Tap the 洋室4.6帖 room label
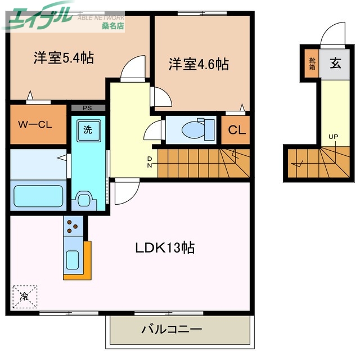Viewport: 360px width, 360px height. point(199,64)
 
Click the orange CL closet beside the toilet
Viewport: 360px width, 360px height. point(236,130)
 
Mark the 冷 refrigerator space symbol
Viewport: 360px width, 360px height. point(25,295)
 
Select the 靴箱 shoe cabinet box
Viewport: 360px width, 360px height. point(312,64)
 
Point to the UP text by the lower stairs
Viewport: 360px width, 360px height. point(334,137)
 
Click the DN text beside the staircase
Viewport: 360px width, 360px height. point(150,162)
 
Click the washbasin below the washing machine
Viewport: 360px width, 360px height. point(86,200)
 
